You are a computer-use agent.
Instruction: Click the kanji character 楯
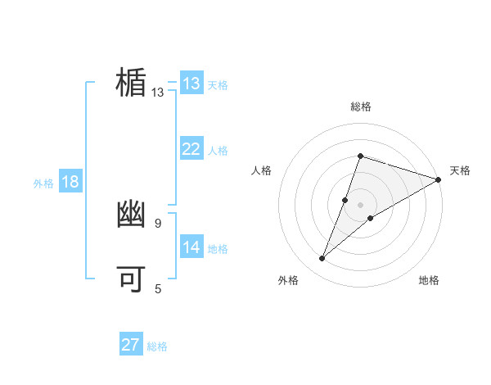click(131, 83)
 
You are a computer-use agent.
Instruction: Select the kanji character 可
click(131, 279)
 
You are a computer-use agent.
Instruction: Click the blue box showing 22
click(191, 149)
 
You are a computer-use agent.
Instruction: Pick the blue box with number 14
click(191, 247)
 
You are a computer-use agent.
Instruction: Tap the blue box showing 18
click(70, 182)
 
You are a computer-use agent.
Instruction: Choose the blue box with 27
click(130, 345)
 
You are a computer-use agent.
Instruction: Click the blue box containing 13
click(191, 84)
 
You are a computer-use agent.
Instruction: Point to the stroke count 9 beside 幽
click(158, 223)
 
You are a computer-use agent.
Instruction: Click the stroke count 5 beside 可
click(158, 288)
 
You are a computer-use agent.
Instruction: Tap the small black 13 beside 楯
click(157, 93)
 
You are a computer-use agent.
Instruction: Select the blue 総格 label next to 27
click(157, 346)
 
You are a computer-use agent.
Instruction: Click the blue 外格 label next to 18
click(43, 183)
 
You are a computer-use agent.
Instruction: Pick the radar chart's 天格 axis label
click(460, 170)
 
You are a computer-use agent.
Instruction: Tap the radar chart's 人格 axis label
click(262, 170)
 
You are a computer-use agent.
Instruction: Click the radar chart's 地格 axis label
click(429, 280)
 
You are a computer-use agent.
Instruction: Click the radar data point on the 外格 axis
click(322, 259)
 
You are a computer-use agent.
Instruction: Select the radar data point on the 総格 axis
click(360, 156)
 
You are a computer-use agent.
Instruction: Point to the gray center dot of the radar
click(360, 205)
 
